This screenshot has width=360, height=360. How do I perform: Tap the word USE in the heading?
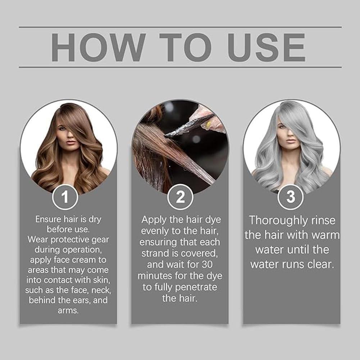point(266,47)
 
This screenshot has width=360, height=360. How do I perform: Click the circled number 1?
point(65,197)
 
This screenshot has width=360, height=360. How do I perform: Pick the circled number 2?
point(180,197)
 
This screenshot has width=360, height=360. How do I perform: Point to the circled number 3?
point(291,197)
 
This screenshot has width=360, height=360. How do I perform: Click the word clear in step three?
point(320,264)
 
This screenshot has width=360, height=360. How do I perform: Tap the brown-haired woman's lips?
point(71,142)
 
